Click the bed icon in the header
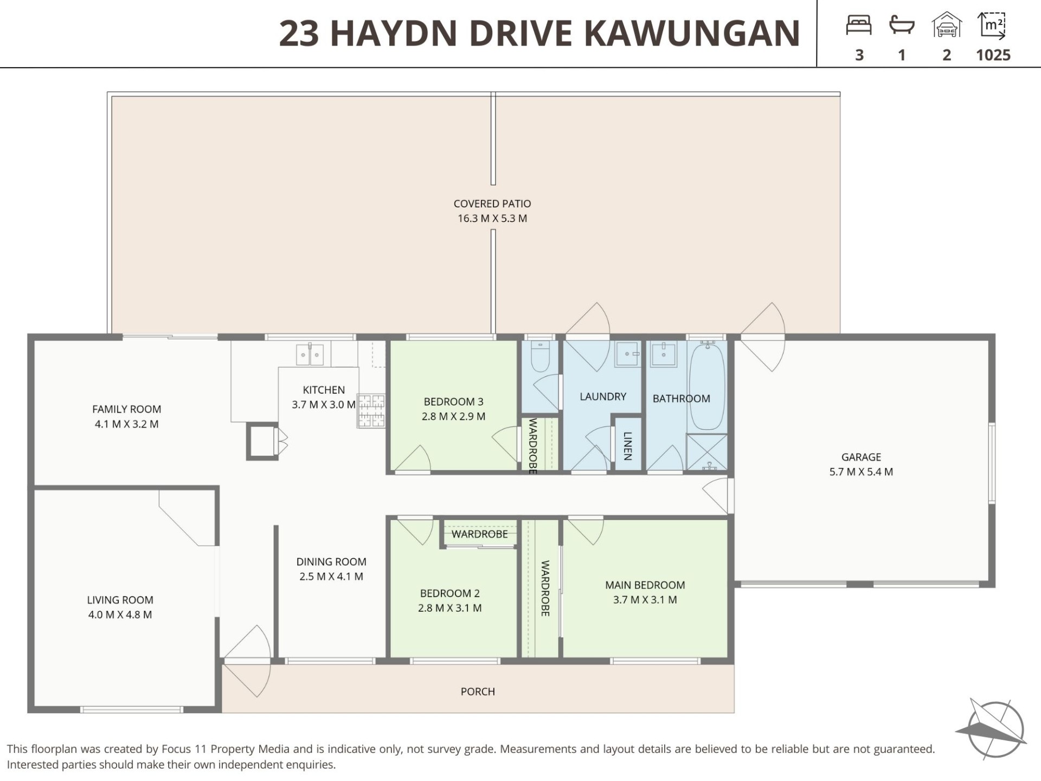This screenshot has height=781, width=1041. point(859,25)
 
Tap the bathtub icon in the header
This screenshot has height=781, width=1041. point(902,25)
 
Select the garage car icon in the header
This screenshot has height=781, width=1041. point(947,25)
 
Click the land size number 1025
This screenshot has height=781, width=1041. point(993,55)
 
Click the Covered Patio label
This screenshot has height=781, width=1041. point(492,203)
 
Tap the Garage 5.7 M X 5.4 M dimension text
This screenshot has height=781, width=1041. point(861,472)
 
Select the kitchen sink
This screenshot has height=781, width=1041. point(310,354)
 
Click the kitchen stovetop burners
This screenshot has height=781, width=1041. point(371,411)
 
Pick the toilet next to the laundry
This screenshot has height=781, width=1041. point(541,356)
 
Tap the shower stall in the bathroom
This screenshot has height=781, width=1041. point(707,452)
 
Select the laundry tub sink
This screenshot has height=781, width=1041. point(628,354)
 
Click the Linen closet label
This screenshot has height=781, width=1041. point(628,446)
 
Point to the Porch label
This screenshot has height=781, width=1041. point(478,692)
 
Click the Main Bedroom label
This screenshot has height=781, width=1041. point(645,585)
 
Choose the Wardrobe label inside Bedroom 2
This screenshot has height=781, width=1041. point(480,534)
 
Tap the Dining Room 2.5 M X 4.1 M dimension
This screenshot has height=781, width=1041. point(331,577)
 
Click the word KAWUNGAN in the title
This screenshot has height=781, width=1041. point(692,33)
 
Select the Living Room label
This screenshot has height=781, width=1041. point(120,600)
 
